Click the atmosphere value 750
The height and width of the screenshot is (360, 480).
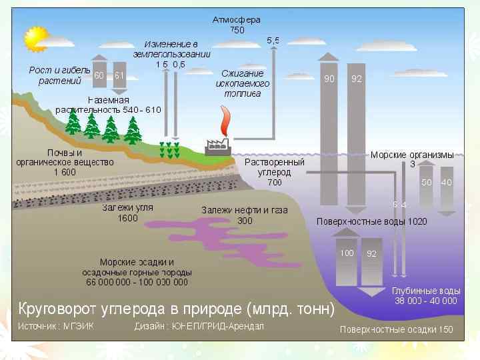237,30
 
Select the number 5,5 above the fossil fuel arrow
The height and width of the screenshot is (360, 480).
273,41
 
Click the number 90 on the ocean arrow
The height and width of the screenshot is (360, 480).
329,79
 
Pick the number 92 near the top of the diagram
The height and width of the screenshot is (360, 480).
357,79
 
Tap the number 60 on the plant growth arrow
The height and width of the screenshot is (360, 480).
99,75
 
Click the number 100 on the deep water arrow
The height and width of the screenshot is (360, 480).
347,253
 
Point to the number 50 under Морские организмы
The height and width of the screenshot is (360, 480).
427,181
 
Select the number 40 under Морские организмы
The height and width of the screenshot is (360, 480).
447,181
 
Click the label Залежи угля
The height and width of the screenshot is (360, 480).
127,207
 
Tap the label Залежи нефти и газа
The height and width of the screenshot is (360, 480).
245,210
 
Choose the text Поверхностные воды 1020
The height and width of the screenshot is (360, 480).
371,221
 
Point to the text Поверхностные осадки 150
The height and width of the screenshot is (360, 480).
396,329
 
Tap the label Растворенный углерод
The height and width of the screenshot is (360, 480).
275,167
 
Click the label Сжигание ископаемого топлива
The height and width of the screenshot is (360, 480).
243,84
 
